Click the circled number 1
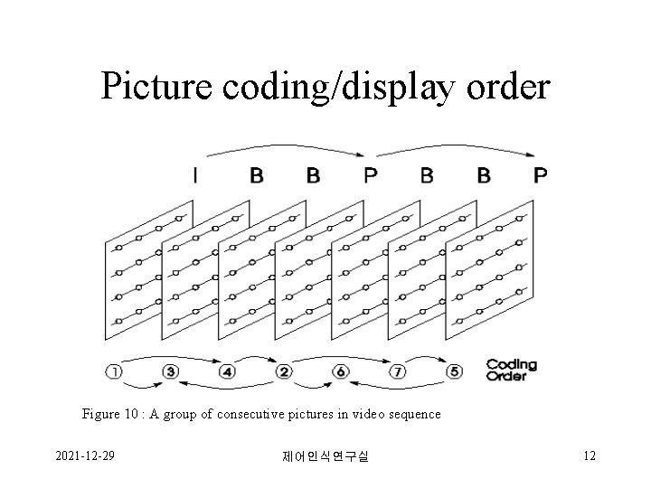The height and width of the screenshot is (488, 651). click(x=114, y=371)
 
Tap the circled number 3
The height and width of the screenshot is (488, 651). click(x=171, y=371)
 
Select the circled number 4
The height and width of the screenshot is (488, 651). click(x=227, y=371)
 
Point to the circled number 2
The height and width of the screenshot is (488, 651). click(x=284, y=371)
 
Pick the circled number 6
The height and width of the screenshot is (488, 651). click(x=341, y=371)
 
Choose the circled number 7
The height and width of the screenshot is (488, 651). click(x=397, y=371)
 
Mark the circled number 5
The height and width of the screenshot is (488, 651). click(x=454, y=371)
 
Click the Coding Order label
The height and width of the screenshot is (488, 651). click(x=512, y=371)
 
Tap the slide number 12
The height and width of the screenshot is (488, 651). click(x=589, y=455)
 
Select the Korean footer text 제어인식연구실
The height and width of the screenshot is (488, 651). click(x=325, y=457)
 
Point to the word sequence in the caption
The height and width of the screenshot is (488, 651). click(x=412, y=414)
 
